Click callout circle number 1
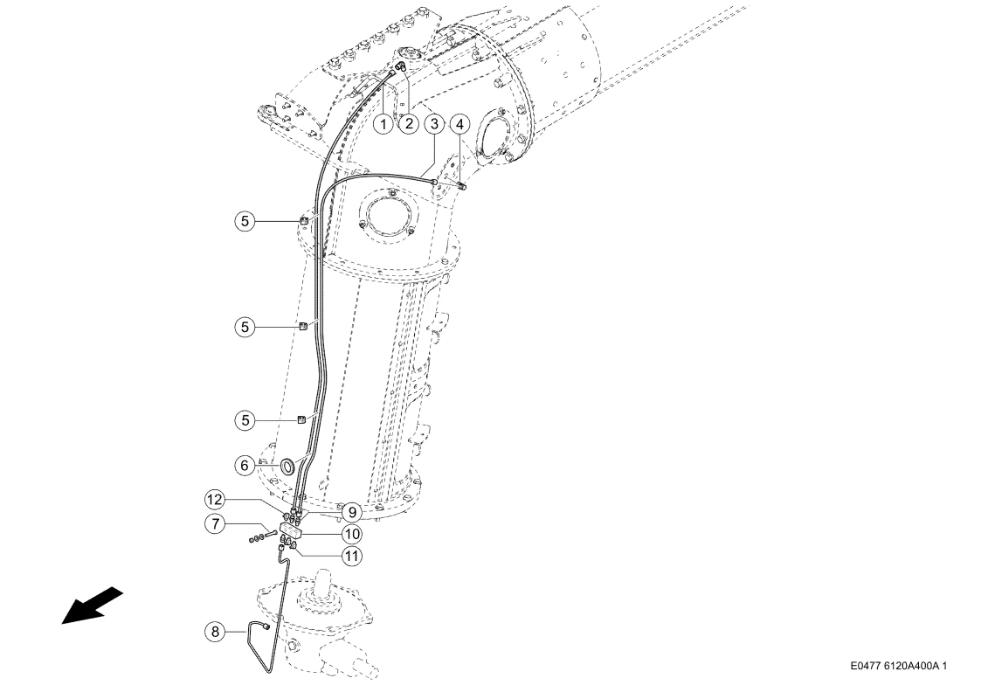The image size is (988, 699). coord(383,123)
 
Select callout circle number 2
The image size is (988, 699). coord(409,123)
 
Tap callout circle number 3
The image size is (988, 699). coord(434,123)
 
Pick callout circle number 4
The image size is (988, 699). coord(460,124)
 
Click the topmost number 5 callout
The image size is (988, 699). coord(245,221)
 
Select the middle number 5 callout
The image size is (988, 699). coord(245,327)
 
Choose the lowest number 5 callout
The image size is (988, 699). coord(245,420)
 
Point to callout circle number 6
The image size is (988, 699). coord(245,466)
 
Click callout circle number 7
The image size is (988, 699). coord(216,523)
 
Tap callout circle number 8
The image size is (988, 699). coord(216,632)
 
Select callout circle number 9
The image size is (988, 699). coord(351,512)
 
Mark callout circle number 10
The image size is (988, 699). coord(351,534)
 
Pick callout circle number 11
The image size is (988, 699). coord(351,556)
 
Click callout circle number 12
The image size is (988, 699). coord(215,500)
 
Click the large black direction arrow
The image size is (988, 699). coord(92,606)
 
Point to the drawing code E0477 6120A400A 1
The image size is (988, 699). coord(899,666)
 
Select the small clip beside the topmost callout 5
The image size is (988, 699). coord(303,220)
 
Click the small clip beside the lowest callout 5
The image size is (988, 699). coord(302,419)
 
